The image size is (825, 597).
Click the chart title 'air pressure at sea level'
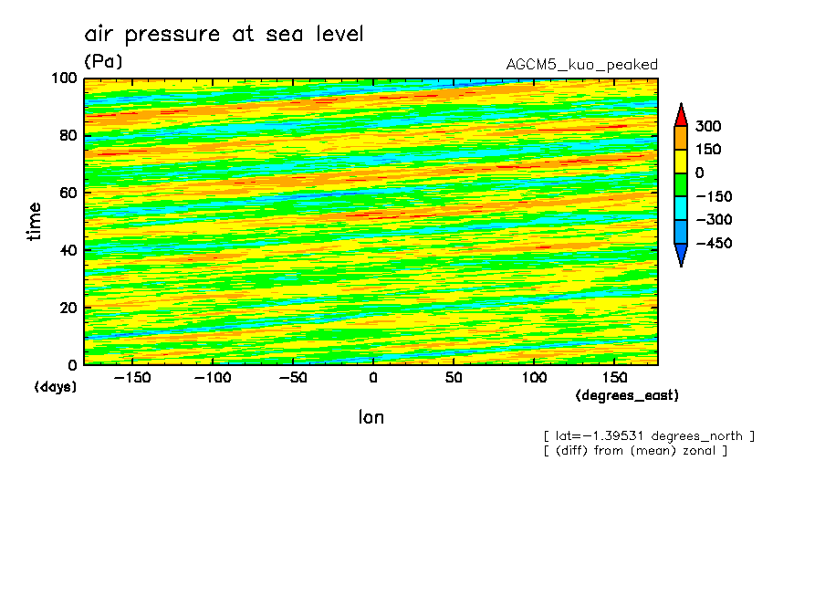point(225,35)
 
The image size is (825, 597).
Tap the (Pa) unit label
point(103,62)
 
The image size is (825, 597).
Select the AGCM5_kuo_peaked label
point(581,64)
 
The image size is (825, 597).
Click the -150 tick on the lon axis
point(131,377)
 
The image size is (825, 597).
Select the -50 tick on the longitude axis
point(292,377)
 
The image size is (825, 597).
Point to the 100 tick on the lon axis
point(534,377)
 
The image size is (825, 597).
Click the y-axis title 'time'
point(35,221)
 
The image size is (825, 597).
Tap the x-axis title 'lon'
point(371,417)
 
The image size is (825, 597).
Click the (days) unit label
point(56,387)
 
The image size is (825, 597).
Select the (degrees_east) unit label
point(627,395)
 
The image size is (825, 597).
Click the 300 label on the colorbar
point(709,126)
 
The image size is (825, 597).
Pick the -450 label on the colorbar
point(714,244)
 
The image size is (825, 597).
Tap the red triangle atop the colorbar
point(680,114)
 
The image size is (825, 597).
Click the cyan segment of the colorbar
point(680,208)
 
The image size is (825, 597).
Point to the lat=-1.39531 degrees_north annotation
point(649,435)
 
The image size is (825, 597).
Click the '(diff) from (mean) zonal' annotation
point(635,450)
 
